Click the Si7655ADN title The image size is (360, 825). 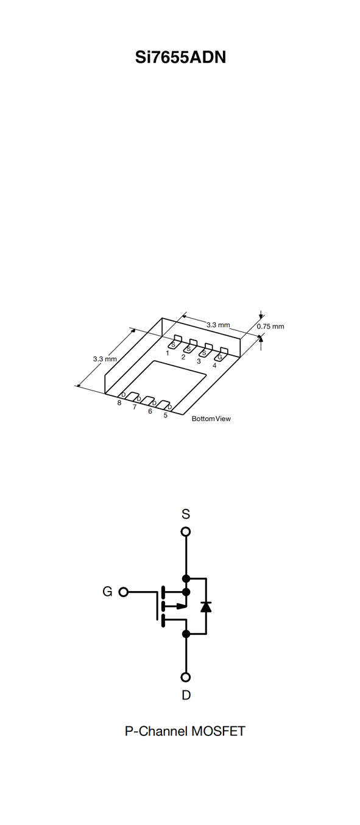[180, 57]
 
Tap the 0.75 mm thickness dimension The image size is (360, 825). [270, 327]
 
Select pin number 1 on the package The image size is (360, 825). [168, 353]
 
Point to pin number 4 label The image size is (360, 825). [214, 366]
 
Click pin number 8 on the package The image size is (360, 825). [119, 403]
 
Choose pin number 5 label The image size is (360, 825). [166, 416]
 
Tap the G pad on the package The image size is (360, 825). [221, 354]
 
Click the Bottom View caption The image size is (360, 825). [211, 419]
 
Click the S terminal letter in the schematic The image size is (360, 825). [186, 514]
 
